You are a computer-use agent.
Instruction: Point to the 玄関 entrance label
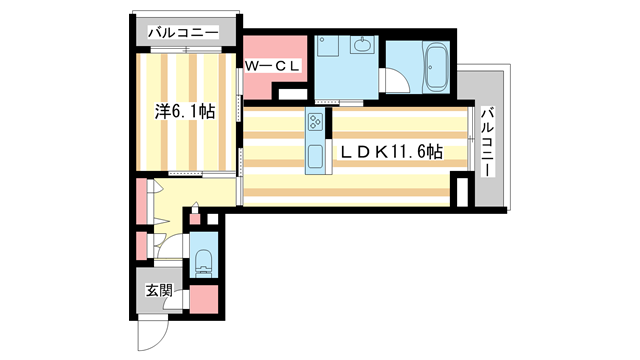(x=159, y=293)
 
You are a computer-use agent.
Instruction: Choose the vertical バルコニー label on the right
(x=487, y=142)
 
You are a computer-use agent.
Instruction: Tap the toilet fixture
(x=203, y=260)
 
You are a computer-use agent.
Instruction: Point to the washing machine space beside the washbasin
(x=328, y=48)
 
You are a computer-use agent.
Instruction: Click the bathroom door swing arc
(x=396, y=84)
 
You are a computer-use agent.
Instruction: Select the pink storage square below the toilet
(x=203, y=299)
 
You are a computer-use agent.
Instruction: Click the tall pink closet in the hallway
(x=141, y=199)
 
